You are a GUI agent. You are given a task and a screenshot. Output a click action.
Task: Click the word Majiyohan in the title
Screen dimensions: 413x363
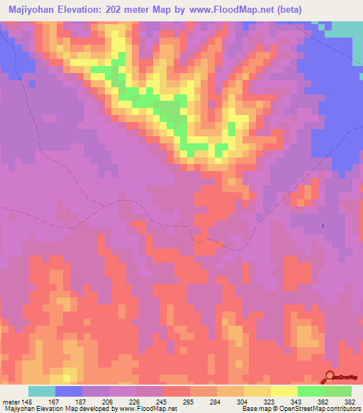[32, 10]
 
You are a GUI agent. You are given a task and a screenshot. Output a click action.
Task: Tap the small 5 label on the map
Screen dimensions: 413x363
[323, 226]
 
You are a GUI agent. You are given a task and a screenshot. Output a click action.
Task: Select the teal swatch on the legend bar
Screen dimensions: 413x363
[42, 391]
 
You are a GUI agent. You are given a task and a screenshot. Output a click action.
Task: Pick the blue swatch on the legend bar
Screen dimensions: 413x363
[69, 391]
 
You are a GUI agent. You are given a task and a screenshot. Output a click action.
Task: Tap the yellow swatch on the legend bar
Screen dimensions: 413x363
[284, 391]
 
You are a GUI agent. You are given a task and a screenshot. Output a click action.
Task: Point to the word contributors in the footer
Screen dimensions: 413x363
[342, 409]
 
